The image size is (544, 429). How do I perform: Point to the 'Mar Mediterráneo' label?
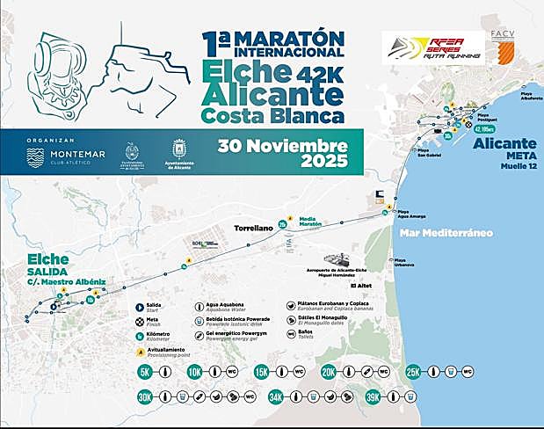[x=443, y=233]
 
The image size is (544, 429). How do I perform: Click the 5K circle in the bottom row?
[x=146, y=373]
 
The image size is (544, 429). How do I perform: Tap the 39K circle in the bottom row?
[x=374, y=397]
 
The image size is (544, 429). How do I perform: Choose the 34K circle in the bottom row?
[x=277, y=397]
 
